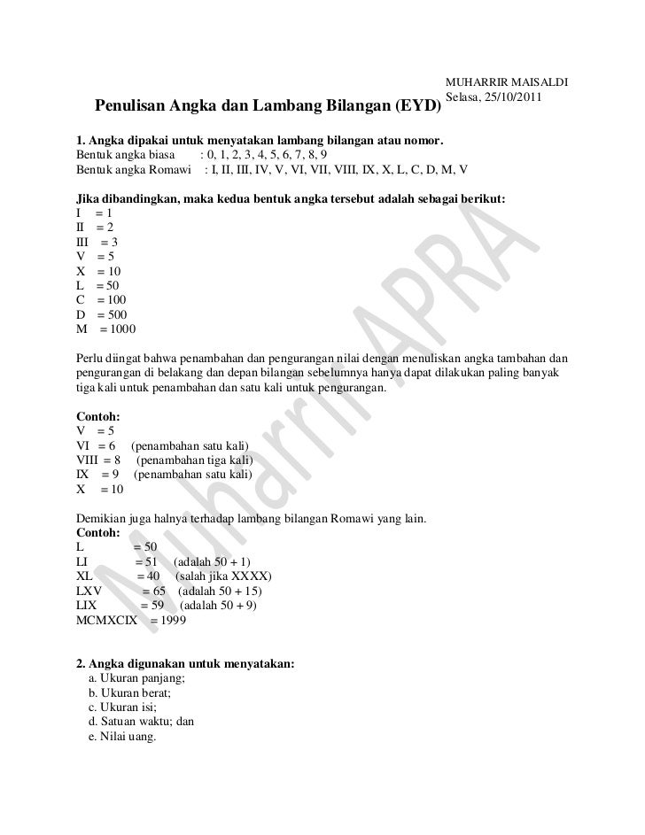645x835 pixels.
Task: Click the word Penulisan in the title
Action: pyautogui.click(x=131, y=108)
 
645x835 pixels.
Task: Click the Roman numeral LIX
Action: pyautogui.click(x=87, y=606)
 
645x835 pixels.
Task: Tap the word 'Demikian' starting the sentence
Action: pyautogui.click(x=102, y=518)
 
